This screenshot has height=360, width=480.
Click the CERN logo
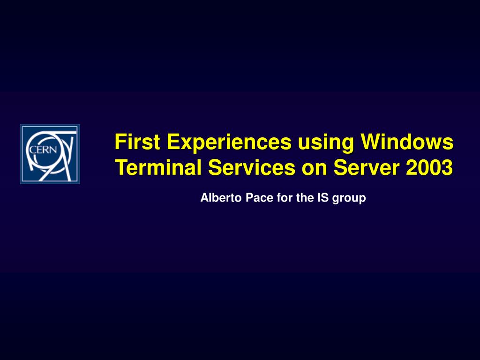50,154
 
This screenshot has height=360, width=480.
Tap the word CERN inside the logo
43,150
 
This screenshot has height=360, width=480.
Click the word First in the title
137,142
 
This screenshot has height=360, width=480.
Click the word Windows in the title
407,142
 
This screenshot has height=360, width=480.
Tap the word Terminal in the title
158,167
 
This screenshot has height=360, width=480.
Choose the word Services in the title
252,167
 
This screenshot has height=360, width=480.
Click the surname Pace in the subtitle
259,197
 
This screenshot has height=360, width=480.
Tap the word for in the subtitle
285,197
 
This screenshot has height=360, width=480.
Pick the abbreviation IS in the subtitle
323,197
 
